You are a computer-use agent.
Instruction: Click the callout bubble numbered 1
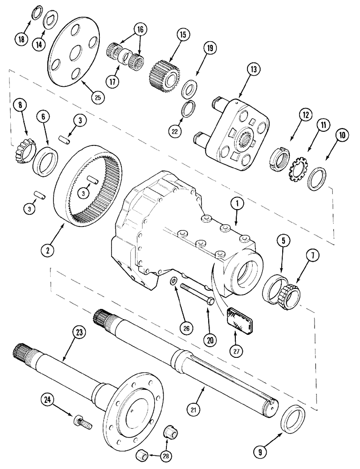[237, 203]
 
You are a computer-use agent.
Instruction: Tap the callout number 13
[253, 69]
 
